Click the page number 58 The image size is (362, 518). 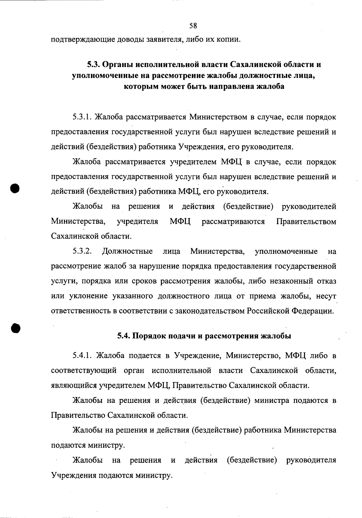coord(193,26)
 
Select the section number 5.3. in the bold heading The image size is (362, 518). coord(94,64)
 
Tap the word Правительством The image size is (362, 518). coord(306,222)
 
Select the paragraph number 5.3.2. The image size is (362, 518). coord(82,251)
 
